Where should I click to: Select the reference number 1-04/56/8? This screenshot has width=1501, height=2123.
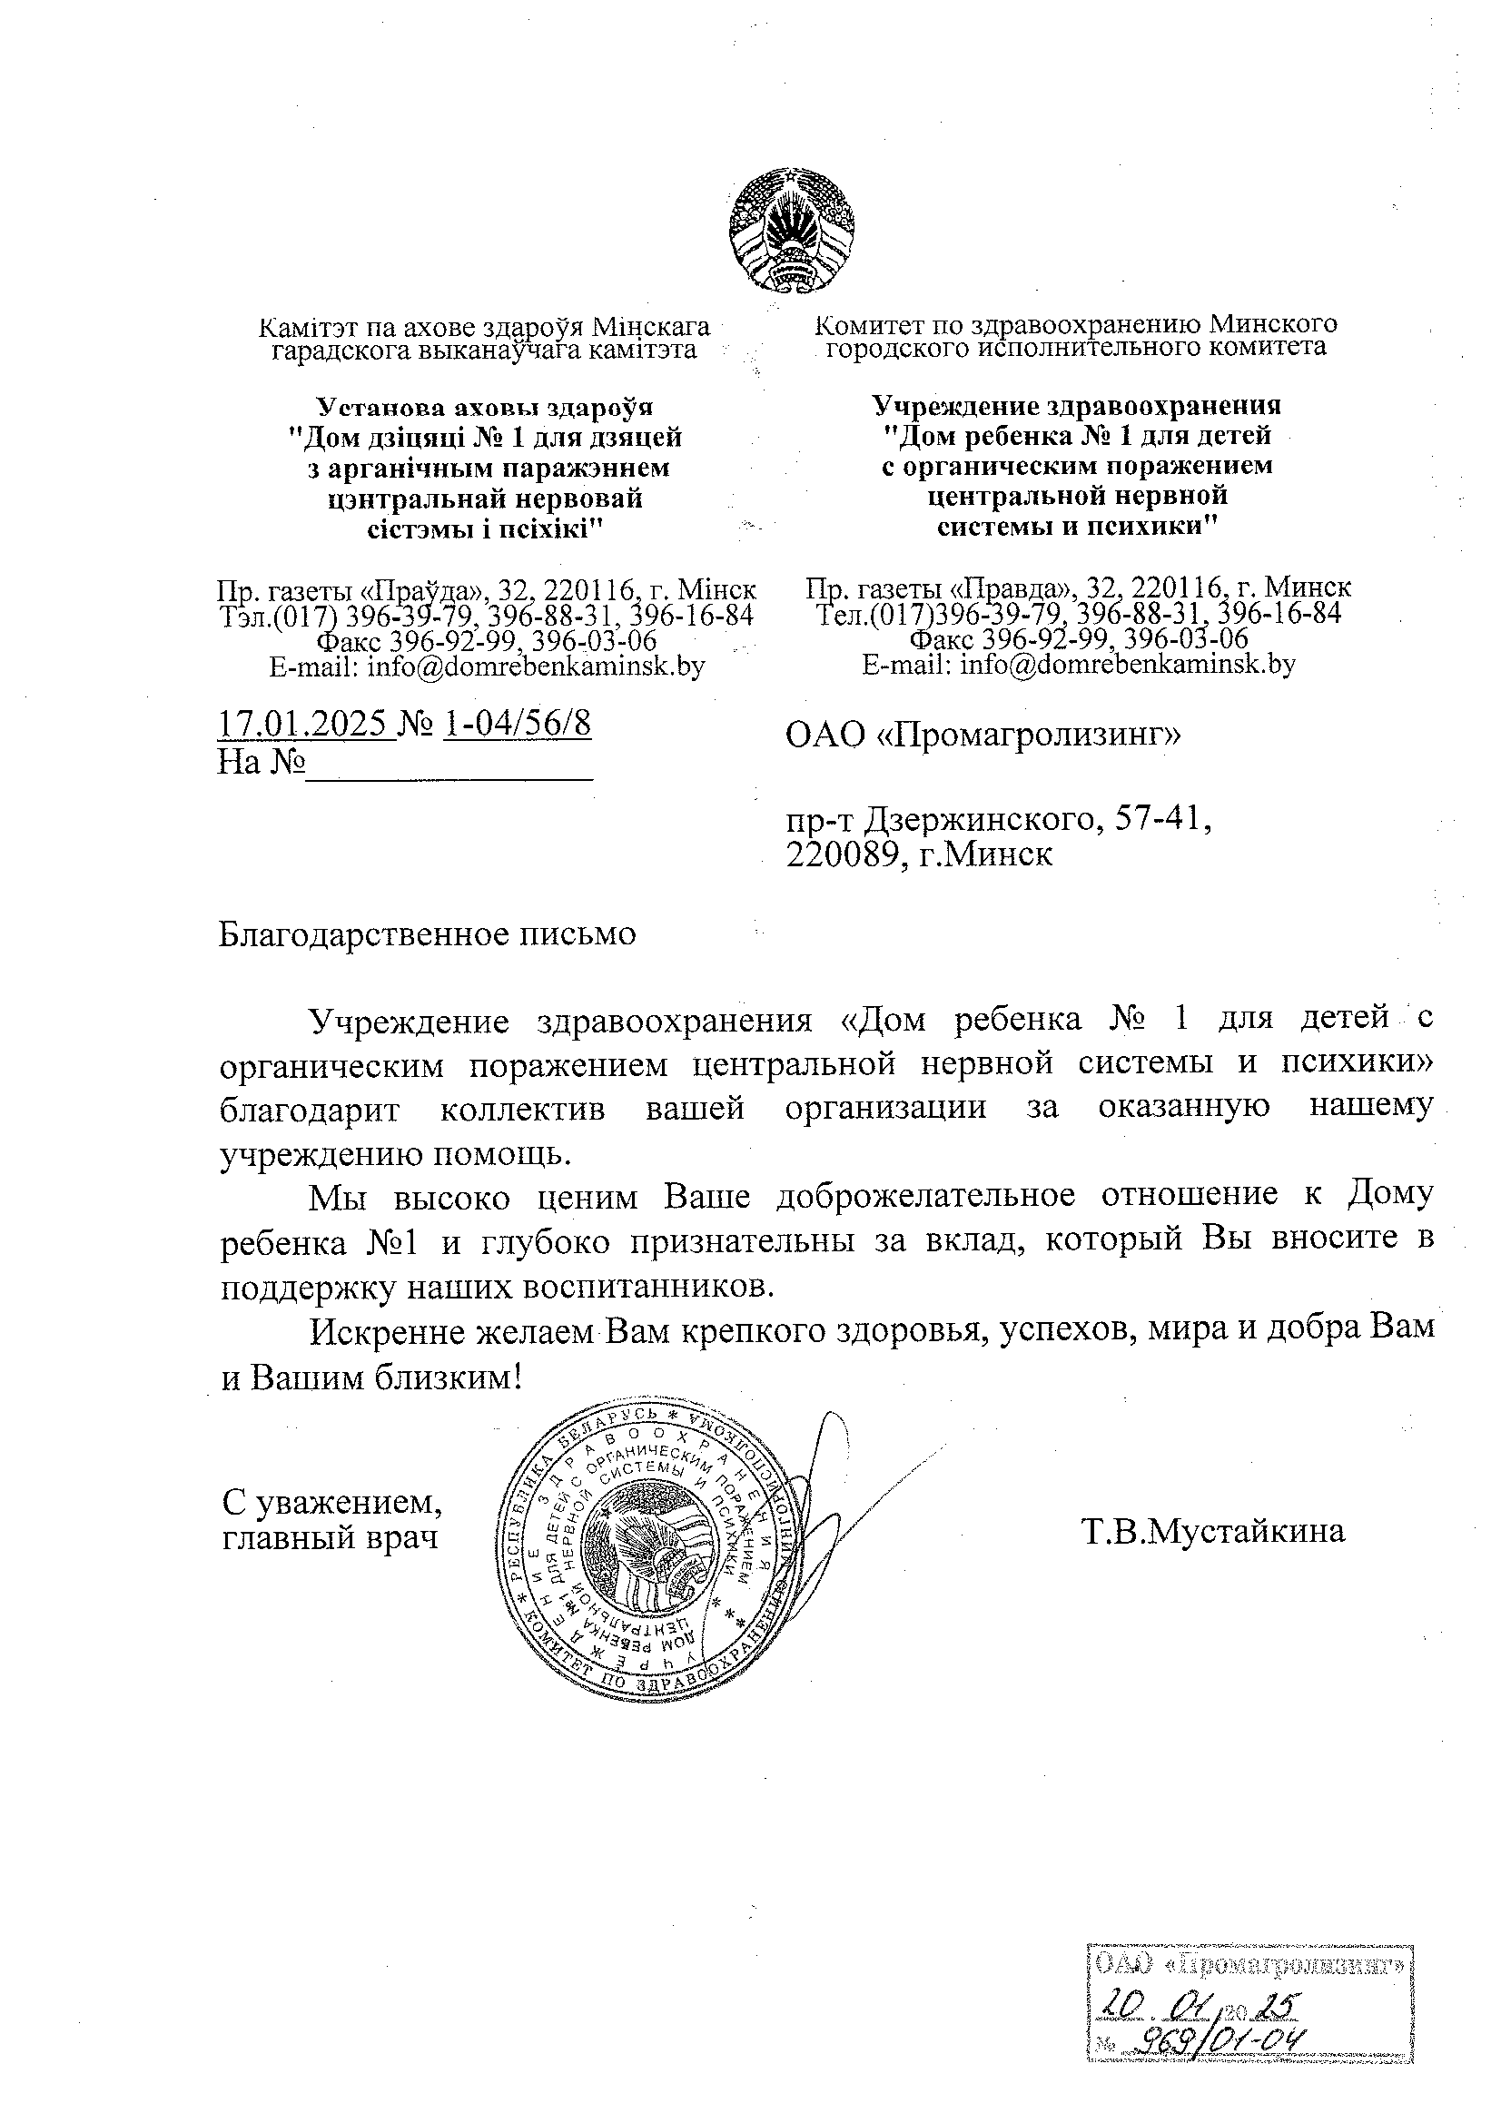[x=517, y=724]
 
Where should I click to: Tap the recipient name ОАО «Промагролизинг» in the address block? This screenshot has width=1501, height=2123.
[x=983, y=736]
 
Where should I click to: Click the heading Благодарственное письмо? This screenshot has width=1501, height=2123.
[x=428, y=934]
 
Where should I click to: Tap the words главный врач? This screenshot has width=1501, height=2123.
[x=331, y=1537]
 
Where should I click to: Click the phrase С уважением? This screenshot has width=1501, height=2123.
[x=332, y=1502]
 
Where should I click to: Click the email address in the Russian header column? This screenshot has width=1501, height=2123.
[x=1079, y=664]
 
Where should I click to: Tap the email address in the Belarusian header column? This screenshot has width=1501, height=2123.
[x=487, y=667]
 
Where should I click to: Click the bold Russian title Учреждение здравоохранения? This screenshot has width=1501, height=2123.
[x=1078, y=405]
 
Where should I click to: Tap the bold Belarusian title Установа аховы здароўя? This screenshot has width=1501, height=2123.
[x=485, y=407]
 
